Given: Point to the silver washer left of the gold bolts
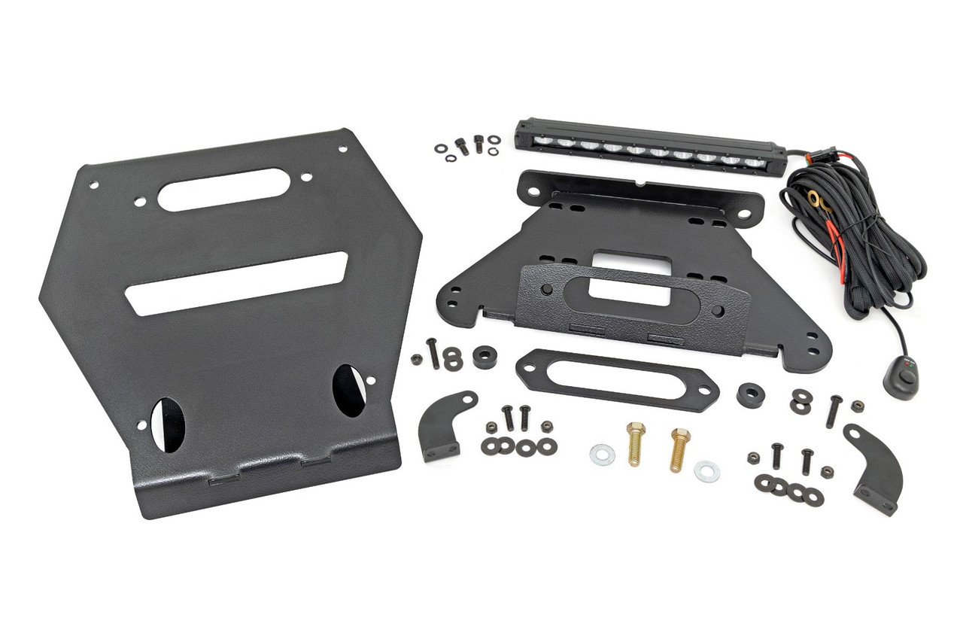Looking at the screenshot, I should click(x=602, y=455).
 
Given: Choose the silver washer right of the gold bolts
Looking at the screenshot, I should click(x=706, y=471).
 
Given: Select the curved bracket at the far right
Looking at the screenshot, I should click(x=874, y=467).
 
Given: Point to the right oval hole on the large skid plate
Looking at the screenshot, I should click(x=348, y=390).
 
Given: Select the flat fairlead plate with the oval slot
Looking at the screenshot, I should click(x=616, y=380).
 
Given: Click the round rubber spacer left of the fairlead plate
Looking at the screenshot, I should click(x=485, y=356).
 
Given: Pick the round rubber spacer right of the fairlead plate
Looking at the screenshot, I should click(x=750, y=395).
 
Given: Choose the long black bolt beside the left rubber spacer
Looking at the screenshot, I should click(x=433, y=353).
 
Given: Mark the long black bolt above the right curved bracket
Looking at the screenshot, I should click(x=834, y=411).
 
